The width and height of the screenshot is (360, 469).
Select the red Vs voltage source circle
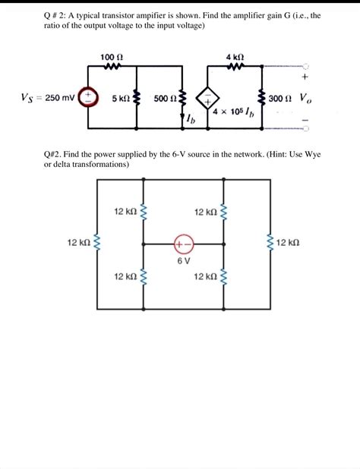click(x=89, y=97)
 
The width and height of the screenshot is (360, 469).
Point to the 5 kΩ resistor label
click(x=120, y=99)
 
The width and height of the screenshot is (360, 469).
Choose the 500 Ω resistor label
click(x=164, y=99)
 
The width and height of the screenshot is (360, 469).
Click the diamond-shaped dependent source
click(x=208, y=99)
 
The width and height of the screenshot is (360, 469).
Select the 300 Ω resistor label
click(x=279, y=99)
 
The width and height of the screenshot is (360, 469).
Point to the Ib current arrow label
click(x=192, y=118)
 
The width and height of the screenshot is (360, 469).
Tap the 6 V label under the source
click(x=183, y=260)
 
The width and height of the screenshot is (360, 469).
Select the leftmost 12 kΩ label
click(x=79, y=243)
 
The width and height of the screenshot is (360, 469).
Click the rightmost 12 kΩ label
click(x=289, y=243)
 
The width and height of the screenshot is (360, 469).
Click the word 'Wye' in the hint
click(x=312, y=154)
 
